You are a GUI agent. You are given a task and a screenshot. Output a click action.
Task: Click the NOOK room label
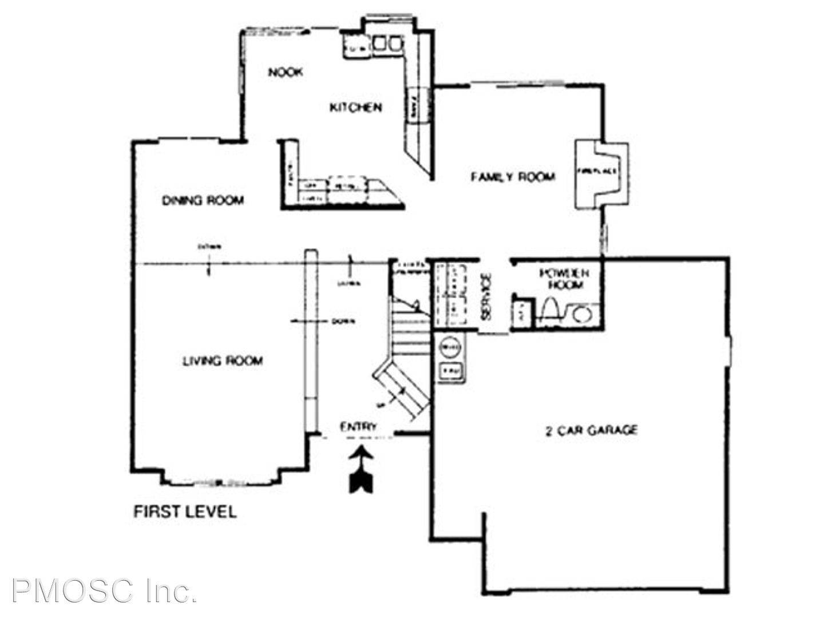286,73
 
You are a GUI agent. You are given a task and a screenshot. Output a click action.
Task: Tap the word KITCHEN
356,107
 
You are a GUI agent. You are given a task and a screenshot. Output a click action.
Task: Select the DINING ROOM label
203,200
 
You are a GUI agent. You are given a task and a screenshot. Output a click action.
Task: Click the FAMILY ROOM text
513,176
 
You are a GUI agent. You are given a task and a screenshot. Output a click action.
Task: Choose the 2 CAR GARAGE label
591,430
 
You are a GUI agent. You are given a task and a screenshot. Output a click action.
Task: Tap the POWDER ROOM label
567,279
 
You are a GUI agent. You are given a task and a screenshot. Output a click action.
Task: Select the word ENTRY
359,426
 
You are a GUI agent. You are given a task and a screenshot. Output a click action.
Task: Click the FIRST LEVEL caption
185,511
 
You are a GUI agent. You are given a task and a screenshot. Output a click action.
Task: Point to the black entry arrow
361,471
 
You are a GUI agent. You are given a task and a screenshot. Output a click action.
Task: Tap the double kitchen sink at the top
388,43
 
